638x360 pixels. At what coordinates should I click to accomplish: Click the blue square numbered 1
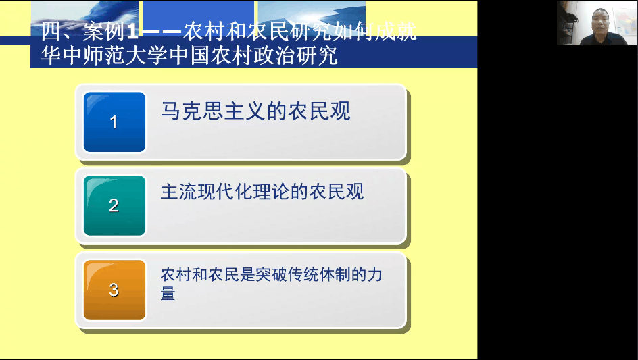click(114, 122)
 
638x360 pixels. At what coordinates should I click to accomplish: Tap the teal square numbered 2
click(114, 205)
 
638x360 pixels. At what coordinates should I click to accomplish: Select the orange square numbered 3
click(114, 290)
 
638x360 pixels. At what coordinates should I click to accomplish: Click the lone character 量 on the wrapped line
click(168, 293)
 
